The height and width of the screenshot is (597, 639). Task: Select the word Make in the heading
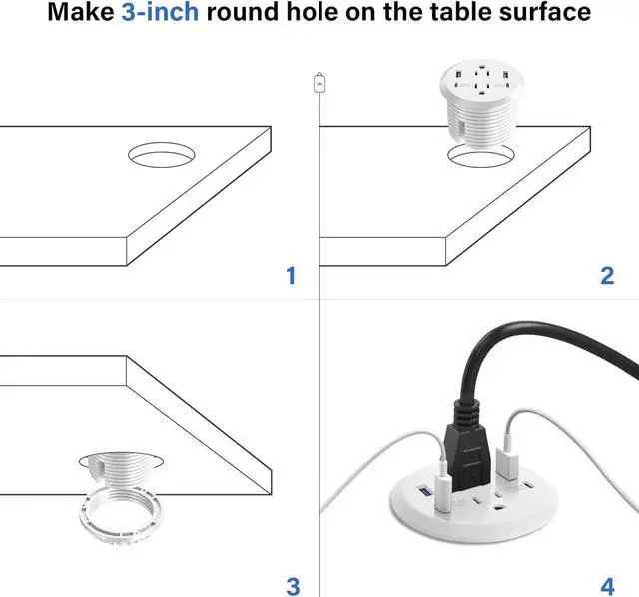click(84, 14)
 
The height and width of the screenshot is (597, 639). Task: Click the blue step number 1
click(292, 275)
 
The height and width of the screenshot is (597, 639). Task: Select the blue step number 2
click(607, 275)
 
